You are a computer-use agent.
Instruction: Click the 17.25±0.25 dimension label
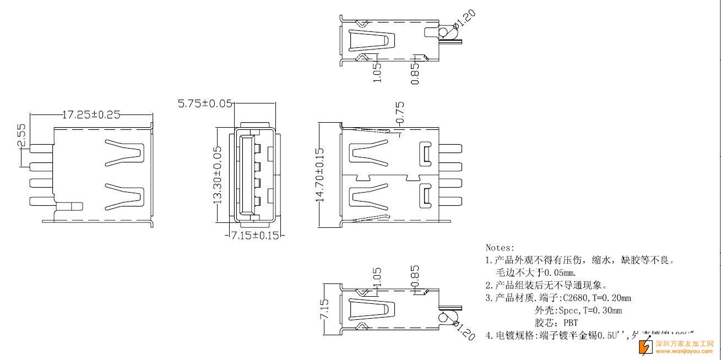(x=91, y=115)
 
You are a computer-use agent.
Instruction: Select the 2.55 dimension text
(x=21, y=136)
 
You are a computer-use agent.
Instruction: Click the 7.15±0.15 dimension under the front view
(x=254, y=236)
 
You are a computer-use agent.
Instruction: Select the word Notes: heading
(x=500, y=248)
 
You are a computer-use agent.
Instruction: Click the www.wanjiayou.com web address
(x=685, y=351)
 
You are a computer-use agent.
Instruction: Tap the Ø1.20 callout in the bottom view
(x=465, y=331)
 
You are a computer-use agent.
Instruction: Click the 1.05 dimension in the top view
(x=377, y=72)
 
